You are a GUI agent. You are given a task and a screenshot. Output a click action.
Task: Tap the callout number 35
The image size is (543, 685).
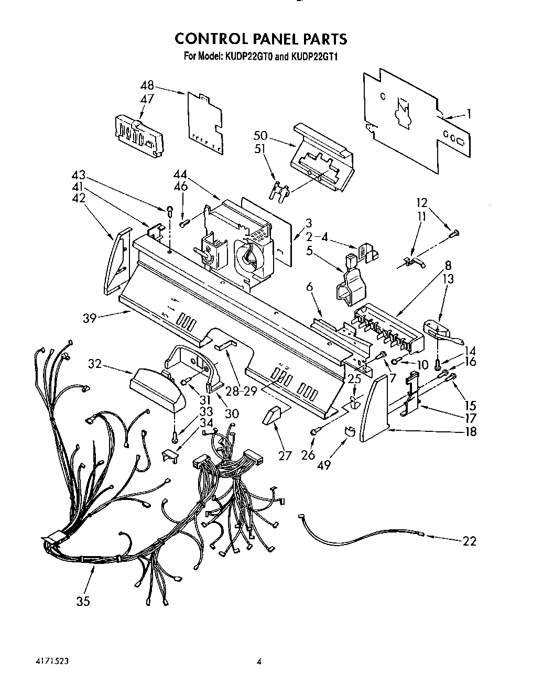tap(83, 601)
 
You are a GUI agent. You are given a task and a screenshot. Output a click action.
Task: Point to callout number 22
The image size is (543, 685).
tap(470, 541)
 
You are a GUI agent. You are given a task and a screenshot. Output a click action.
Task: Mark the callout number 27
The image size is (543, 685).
tap(285, 455)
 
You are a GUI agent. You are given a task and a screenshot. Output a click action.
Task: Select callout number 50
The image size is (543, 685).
tap(260, 136)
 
